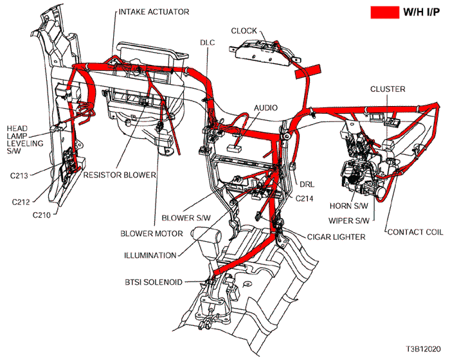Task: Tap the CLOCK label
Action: pyautogui.click(x=244, y=30)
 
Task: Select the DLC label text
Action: pyautogui.click(x=208, y=42)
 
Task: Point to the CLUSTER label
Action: pyautogui.click(x=387, y=89)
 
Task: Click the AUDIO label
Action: pyautogui.click(x=266, y=107)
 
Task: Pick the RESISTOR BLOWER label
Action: pyautogui.click(x=120, y=174)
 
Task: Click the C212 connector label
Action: pyautogui.click(x=22, y=201)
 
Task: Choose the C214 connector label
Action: pyautogui.click(x=305, y=199)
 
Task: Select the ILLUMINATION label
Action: pyautogui.click(x=150, y=255)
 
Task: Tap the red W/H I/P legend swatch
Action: pyautogui.click(x=384, y=12)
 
